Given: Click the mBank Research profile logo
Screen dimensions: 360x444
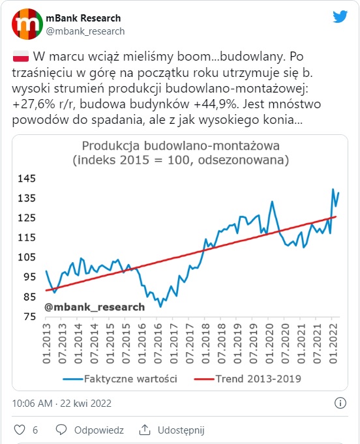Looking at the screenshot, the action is click(x=27, y=23).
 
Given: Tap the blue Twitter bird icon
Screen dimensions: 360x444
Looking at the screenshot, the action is click(x=340, y=16).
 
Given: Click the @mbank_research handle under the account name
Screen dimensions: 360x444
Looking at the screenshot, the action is click(x=85, y=31).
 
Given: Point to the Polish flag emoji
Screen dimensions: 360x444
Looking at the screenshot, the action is click(x=21, y=56).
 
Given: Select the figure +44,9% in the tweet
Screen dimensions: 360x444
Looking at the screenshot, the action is click(x=216, y=104).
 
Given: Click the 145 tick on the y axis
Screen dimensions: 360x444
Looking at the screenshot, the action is click(x=27, y=179).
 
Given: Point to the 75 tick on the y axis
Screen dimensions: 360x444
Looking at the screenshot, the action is click(x=30, y=316).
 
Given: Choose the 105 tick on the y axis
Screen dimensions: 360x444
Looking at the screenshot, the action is click(x=27, y=257).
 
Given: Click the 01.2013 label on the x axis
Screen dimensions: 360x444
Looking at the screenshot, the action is click(x=46, y=344).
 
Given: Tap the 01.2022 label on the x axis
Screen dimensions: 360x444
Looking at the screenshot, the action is click(x=333, y=344).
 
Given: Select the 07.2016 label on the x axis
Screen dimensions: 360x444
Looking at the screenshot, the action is click(x=158, y=344).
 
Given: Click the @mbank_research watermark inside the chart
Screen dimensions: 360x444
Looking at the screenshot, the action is click(x=95, y=307).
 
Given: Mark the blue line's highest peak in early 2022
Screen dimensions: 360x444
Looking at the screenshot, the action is click(x=333, y=189).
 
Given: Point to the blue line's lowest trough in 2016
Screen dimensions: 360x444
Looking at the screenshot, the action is click(x=160, y=306).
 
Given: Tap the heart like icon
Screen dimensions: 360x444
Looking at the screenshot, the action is click(x=20, y=430).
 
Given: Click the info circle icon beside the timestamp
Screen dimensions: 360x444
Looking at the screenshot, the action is click(x=340, y=403).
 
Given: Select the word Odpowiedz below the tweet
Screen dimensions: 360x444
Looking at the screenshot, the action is click(x=99, y=430).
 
